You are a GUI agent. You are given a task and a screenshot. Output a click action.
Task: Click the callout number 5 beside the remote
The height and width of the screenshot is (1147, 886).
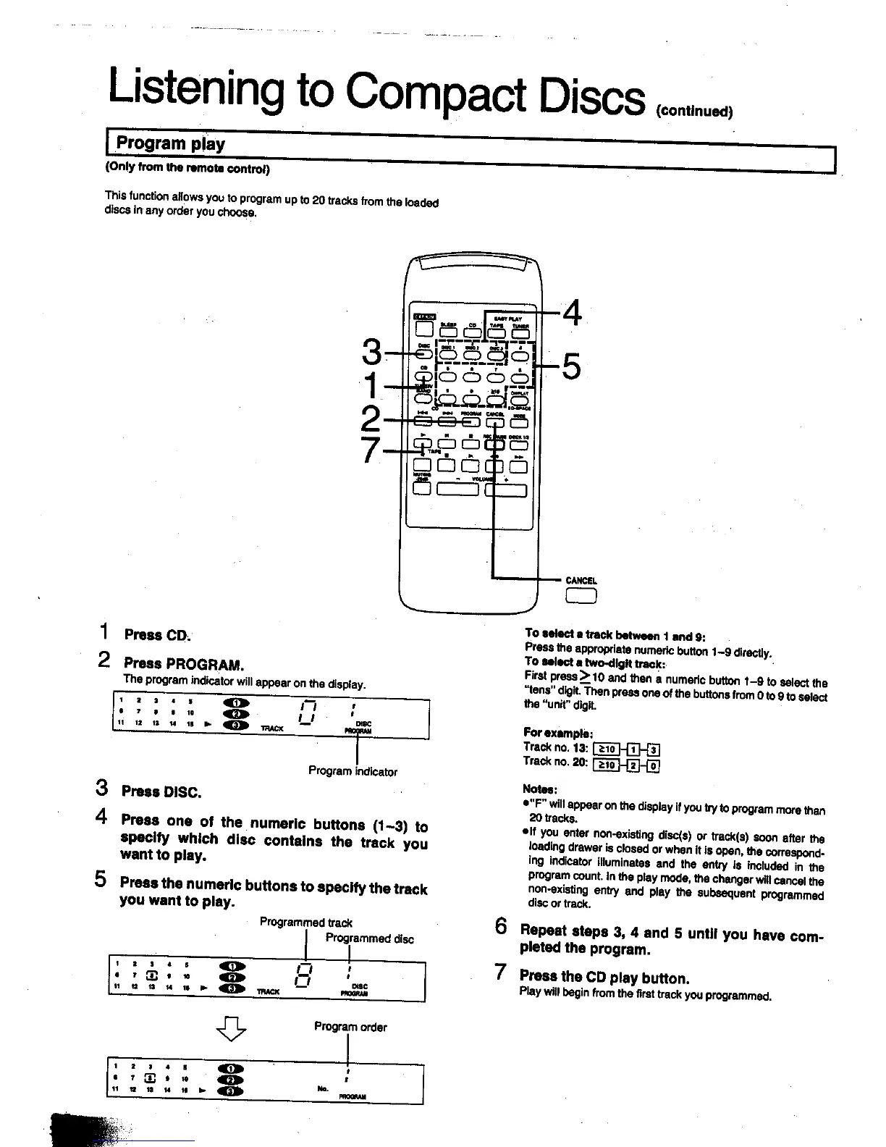[571, 366]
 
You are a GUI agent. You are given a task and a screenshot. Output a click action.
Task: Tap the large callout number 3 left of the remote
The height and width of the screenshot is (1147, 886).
[371, 353]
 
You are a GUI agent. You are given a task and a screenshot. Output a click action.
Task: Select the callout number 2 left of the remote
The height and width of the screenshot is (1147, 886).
[371, 419]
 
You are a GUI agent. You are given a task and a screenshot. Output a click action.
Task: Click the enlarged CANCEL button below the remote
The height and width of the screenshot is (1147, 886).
[581, 596]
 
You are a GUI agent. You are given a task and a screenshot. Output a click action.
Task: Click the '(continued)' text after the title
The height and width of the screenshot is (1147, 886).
[694, 112]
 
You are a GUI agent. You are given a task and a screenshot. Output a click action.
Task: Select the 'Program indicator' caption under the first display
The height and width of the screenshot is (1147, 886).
[353, 772]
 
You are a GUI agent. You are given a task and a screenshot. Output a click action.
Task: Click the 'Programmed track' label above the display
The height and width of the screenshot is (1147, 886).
[305, 923]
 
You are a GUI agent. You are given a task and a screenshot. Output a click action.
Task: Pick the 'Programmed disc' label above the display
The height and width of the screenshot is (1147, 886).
[369, 939]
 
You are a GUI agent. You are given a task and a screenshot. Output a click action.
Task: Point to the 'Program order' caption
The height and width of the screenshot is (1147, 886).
[350, 1027]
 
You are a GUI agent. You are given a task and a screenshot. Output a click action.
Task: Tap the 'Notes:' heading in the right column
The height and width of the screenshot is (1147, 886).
[539, 789]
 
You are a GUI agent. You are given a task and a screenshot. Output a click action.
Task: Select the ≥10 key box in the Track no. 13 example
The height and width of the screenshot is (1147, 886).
[604, 749]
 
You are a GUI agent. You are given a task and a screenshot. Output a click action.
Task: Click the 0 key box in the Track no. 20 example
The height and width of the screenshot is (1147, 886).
[653, 764]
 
